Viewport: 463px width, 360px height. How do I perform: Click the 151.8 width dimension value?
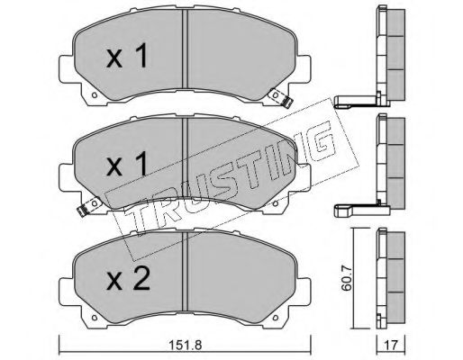[185, 345]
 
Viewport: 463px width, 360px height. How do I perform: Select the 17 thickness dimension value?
[391, 345]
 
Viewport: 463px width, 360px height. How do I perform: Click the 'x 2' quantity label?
[128, 279]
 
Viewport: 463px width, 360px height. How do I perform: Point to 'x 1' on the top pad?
[127, 56]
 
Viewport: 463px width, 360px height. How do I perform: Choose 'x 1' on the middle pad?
[127, 164]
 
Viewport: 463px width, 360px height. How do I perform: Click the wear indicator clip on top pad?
[281, 98]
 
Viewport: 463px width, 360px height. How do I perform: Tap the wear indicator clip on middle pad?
[89, 206]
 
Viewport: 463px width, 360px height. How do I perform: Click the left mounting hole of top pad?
[95, 95]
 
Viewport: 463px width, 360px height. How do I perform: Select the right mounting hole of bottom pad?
[276, 318]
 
